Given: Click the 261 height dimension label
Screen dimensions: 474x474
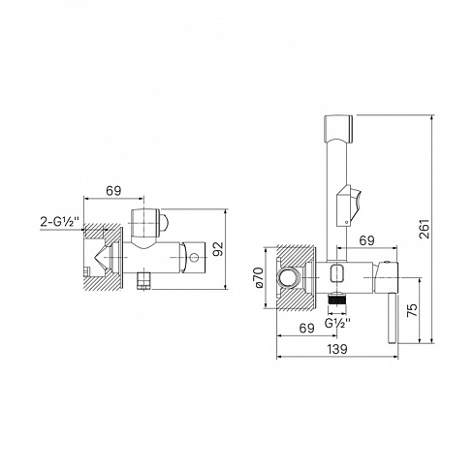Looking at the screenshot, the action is click(424, 229).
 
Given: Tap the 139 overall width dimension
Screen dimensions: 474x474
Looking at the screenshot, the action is click(337, 349).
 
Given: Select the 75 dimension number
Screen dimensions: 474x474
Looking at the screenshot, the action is click(412, 310).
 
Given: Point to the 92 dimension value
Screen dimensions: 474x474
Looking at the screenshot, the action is click(219, 249).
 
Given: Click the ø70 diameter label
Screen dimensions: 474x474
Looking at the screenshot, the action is click(260, 278).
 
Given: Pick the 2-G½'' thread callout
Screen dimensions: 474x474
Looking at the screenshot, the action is click(59, 222).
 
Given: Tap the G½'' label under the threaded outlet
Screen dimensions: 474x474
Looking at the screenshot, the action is click(337, 323).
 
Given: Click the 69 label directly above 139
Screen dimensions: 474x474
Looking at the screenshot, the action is click(306, 329).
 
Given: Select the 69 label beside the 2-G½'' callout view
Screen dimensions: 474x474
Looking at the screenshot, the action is click(113, 191).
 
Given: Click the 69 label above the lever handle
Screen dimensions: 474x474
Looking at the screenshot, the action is click(366, 240).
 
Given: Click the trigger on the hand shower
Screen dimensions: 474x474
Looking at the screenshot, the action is click(349, 205).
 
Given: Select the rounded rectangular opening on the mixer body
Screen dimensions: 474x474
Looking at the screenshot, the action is click(337, 273).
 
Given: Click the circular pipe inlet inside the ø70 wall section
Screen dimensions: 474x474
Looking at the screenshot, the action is click(288, 277).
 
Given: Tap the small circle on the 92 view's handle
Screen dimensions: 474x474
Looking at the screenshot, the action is click(194, 258).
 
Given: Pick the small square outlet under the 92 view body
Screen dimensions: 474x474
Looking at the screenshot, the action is click(144, 280).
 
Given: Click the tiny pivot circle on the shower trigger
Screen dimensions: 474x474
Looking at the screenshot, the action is click(347, 222).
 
